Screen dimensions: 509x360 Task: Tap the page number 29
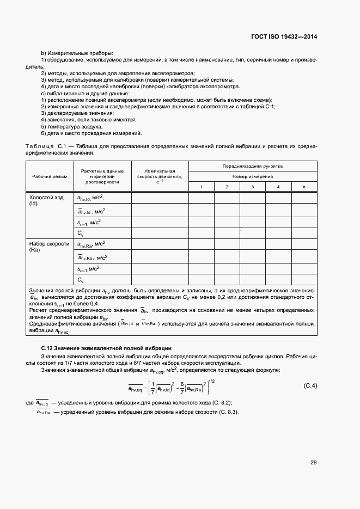pos(313,463)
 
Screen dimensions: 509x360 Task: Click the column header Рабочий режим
pos(49,176)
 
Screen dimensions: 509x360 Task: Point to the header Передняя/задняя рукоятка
pos(252,166)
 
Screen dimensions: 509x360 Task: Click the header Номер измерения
pos(252,176)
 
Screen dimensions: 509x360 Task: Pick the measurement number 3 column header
pos(252,187)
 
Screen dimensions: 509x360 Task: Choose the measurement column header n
pos(303,187)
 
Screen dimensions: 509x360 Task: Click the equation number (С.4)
pos(310,386)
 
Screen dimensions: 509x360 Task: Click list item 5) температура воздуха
pos(71,126)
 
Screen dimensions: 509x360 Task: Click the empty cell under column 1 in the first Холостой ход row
pos(201,198)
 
